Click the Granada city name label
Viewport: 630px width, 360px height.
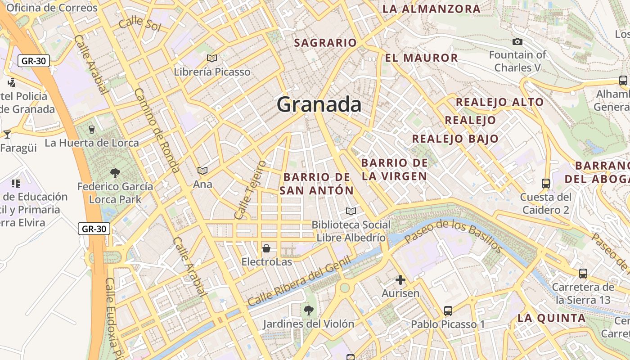319,104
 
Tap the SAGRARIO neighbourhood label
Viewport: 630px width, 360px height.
325,43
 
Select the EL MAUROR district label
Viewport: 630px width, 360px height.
421,58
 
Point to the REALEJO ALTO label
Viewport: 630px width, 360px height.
499,102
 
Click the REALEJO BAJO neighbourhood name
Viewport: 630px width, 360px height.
455,139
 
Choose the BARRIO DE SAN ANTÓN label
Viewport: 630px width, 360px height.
317,184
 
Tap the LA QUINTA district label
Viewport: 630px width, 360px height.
551,318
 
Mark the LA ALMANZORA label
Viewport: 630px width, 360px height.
431,9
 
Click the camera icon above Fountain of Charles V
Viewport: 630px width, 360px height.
517,42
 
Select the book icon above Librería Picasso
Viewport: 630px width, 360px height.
211,58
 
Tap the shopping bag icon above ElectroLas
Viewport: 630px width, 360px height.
266,248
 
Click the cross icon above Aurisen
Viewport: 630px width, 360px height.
400,280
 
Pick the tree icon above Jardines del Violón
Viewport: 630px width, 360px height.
308,310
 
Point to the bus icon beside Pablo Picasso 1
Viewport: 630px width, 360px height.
448,310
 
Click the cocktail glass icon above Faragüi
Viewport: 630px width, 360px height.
7,134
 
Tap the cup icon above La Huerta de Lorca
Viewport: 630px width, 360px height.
92,129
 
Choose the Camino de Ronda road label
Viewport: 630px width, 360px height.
157,130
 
